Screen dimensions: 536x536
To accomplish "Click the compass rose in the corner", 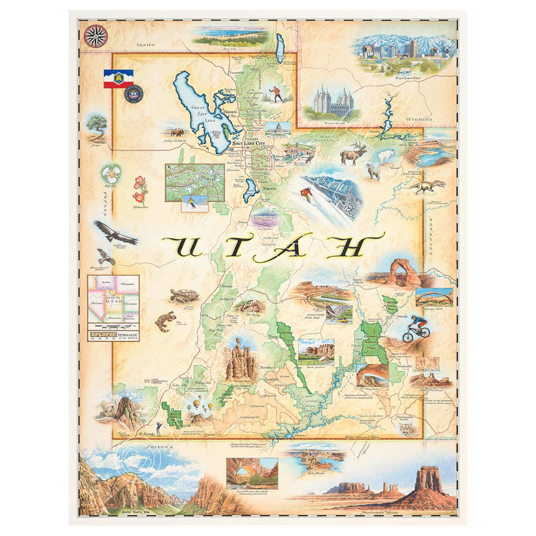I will pos(95,36).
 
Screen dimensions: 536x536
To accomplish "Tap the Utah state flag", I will pos(118,78).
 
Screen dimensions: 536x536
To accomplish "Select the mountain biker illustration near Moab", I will pos(416,328).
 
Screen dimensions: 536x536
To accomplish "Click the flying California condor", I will pos(115,232).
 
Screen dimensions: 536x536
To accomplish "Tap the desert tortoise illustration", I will pos(181,295).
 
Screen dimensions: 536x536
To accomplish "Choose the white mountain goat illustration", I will pos(385,155).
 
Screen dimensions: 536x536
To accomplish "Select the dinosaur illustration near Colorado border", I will pos(427,186).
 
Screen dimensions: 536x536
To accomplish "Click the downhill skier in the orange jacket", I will pos(307,195).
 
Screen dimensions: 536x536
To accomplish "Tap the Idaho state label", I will pos(145,46).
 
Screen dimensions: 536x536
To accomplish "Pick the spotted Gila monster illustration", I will pos(165,321).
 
